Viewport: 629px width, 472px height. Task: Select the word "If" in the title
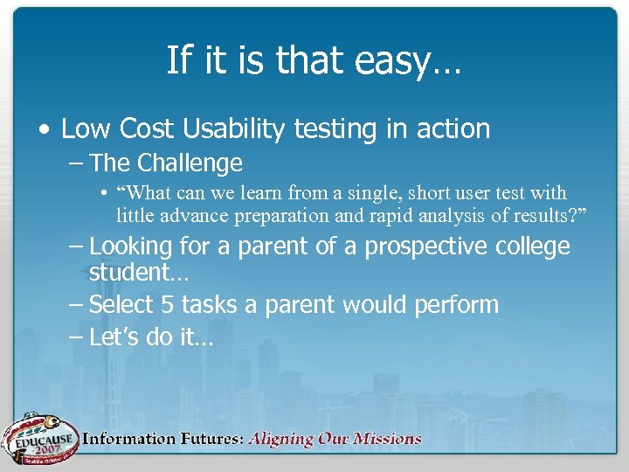(177, 61)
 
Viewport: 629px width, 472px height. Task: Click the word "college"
(532, 247)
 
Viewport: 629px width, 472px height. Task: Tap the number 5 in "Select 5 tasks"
(168, 305)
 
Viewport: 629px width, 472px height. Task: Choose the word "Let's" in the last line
(117, 337)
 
